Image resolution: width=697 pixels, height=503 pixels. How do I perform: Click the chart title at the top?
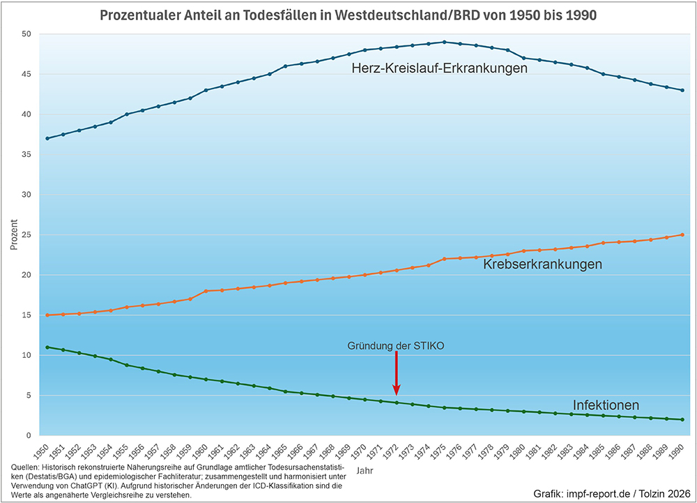coord(348,15)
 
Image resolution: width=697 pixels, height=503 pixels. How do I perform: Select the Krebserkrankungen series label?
coord(542,264)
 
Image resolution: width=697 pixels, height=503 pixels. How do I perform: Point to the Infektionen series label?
coord(606,405)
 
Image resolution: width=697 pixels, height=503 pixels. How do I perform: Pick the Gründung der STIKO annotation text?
coord(396,345)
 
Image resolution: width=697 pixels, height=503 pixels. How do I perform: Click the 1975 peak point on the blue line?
coord(444,42)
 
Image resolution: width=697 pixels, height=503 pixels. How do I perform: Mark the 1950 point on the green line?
coord(47,347)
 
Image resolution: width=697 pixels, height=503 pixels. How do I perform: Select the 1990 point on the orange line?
coord(682,235)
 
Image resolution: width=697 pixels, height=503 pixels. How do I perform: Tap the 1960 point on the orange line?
coord(206,291)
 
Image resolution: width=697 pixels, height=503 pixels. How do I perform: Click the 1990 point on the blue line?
coord(682,90)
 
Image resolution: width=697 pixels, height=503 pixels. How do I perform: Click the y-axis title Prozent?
coord(13,235)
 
